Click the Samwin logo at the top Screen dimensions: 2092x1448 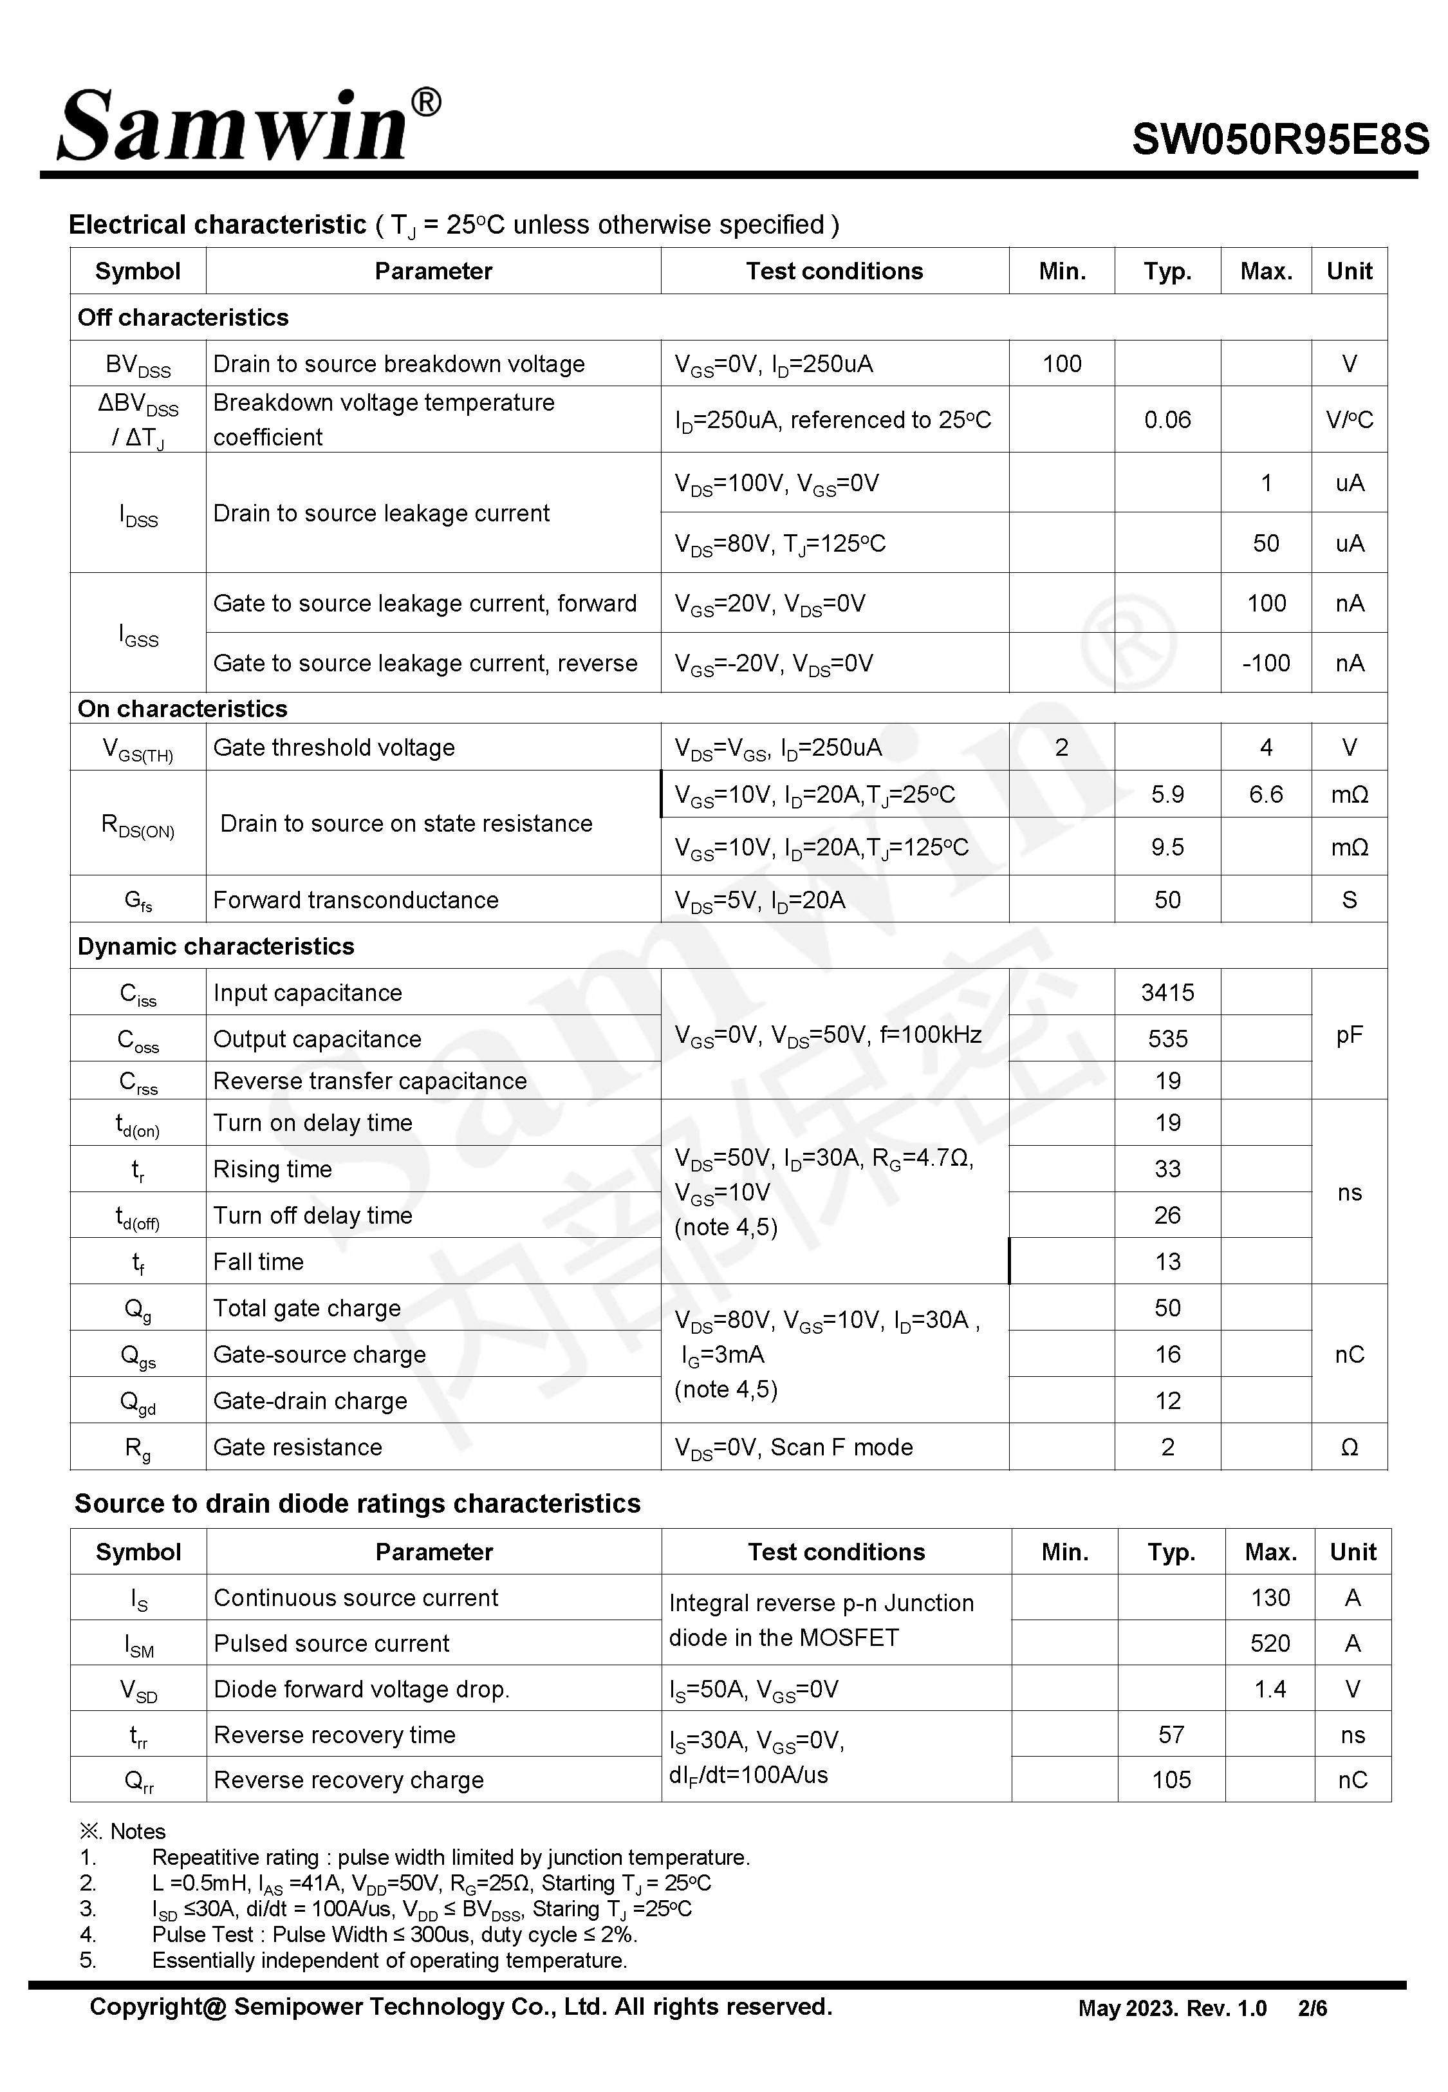click(x=246, y=127)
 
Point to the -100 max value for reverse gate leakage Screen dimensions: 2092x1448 click(x=1266, y=663)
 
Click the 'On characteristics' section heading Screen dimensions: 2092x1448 click(x=182, y=709)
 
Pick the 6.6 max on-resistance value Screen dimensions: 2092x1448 click(x=1266, y=795)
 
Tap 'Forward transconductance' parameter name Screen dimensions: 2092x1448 click(x=356, y=900)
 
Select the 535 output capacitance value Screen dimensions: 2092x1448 click(x=1167, y=1039)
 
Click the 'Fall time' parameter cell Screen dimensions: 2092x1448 click(x=259, y=1261)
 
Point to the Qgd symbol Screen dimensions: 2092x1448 click(x=138, y=1401)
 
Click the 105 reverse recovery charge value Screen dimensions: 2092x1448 click(x=1171, y=1779)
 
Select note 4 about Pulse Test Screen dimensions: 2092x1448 click(x=394, y=1934)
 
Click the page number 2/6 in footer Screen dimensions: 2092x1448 click(x=1312, y=2008)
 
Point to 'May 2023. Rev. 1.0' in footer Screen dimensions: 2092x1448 click(x=1171, y=2008)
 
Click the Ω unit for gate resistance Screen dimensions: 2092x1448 click(x=1349, y=1447)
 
